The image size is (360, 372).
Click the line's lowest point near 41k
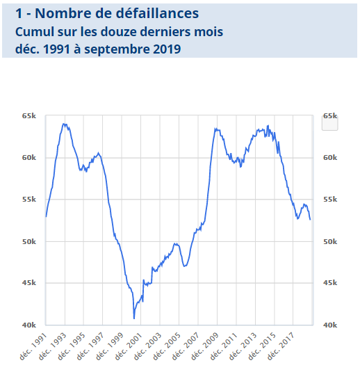[134, 318]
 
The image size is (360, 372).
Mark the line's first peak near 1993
[64, 124]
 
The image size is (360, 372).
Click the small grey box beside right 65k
[329, 124]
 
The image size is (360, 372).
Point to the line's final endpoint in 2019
[310, 219]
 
